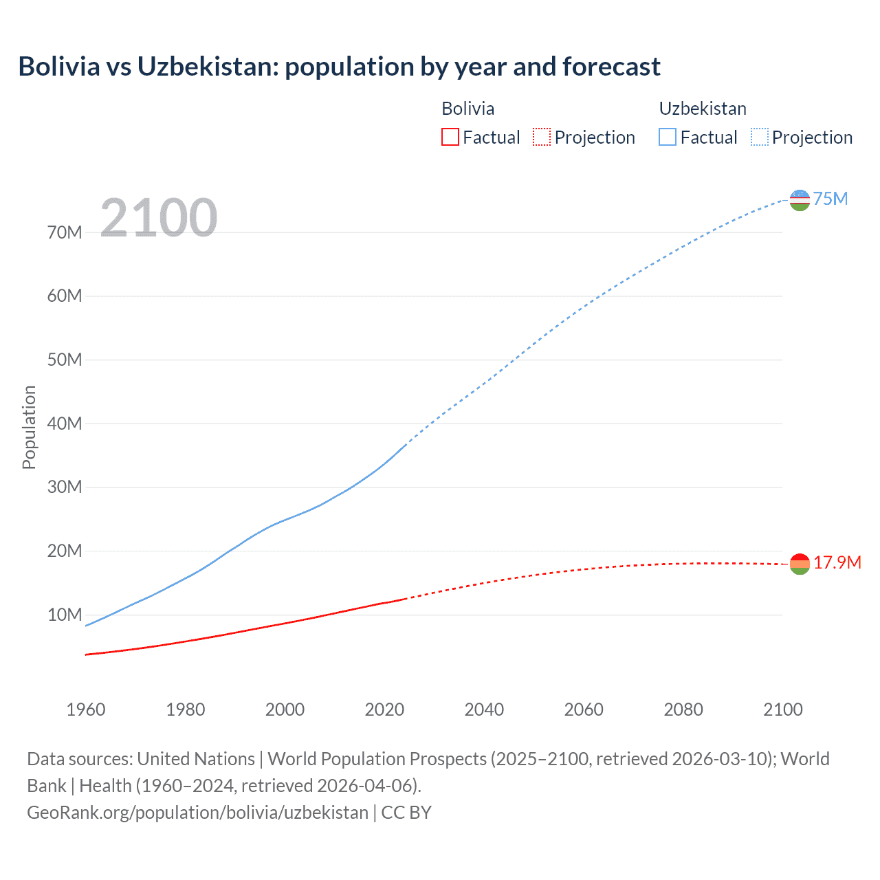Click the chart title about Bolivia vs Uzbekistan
pos(339,67)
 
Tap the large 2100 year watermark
pos(159,218)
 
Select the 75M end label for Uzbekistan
pos(830,199)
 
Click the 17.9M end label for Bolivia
pos(837,562)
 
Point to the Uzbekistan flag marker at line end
pos(800,200)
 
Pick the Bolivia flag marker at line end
pos(800,564)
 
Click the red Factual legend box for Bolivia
pos(450,137)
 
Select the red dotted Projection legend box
pos(542,137)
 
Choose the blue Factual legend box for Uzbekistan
pos(668,137)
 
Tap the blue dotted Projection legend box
pos(760,137)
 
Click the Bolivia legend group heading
pos(467,109)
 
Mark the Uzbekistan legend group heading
pos(703,109)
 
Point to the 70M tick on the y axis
pos(65,232)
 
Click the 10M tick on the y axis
pos(65,615)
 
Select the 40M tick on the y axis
pos(65,423)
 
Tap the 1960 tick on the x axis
pos(86,709)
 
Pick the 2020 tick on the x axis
pos(384,709)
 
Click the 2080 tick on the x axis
pos(683,709)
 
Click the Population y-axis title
pos(29,427)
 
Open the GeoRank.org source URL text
pos(197,813)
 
